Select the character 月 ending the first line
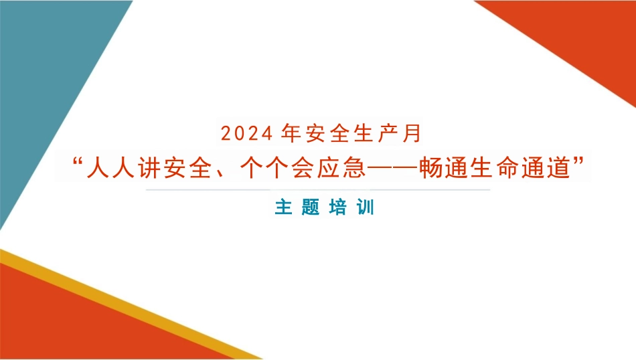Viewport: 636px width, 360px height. [x=414, y=134]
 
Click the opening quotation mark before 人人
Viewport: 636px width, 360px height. [x=76, y=163]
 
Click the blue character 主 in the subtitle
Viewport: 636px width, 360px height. [x=283, y=207]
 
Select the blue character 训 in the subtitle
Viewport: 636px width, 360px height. [x=366, y=207]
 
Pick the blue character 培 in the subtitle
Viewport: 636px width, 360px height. [x=338, y=207]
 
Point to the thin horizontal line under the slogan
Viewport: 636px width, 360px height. [x=318, y=190]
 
